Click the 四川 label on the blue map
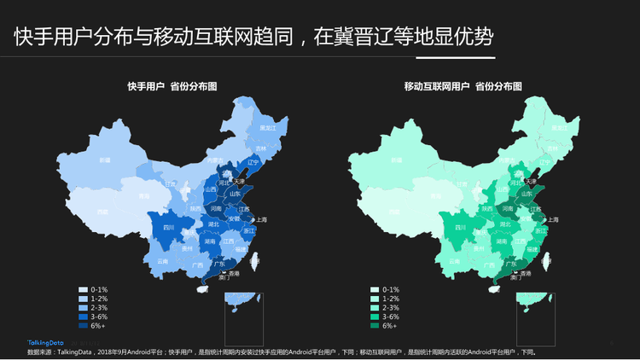coord(168,228)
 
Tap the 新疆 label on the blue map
coord(104,160)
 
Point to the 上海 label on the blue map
coord(261,219)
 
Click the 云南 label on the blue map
coord(162,261)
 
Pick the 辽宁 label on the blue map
coord(252,160)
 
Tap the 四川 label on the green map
coord(461,228)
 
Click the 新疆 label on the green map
coord(397,160)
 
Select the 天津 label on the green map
coord(531,181)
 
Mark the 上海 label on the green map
coord(554,219)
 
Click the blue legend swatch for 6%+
coord(83,325)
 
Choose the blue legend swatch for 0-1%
coord(83,289)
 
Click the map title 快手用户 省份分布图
coord(172,86)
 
